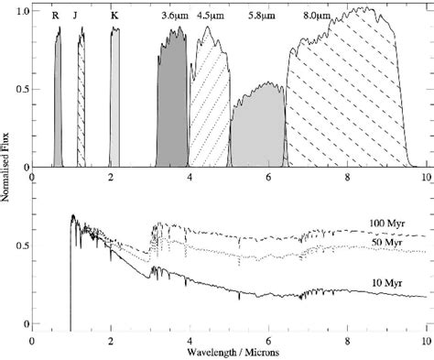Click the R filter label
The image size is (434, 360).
57,16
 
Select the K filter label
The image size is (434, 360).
114,16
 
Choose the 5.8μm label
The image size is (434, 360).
263,16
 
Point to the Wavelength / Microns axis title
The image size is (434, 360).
229,351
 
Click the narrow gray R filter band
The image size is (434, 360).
58,101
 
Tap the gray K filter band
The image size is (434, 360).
114,101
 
